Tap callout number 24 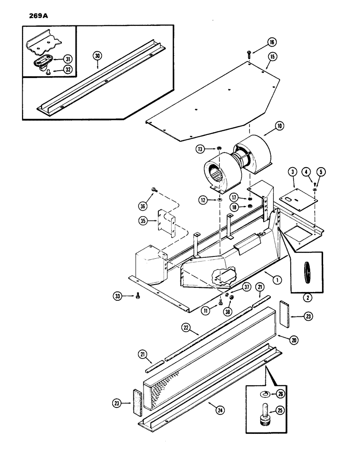(213, 406)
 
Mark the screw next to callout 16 (249, 53)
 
